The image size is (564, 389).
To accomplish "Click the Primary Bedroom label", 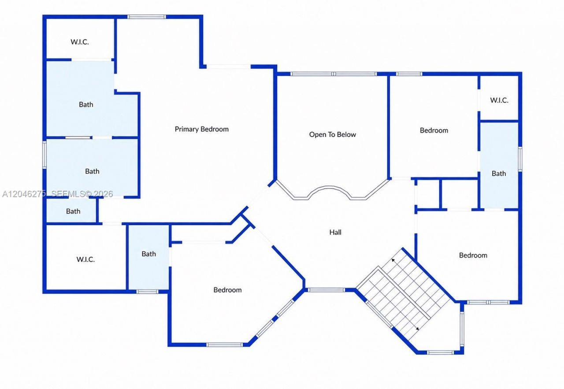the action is pos(202,129).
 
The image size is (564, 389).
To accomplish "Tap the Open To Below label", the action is pos(333,134).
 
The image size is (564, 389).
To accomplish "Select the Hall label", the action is pos(335,232).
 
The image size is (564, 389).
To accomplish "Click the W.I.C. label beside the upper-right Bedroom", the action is pos(499,100).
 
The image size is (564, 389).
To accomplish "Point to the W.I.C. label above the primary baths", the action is pos(80,42).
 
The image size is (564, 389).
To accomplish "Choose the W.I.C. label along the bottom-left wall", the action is pos(85,259).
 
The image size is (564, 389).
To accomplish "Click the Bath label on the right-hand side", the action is pos(499,174).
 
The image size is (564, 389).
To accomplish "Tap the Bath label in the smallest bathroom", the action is pos(73,211).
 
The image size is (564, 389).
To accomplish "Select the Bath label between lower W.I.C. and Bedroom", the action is pos(148,254).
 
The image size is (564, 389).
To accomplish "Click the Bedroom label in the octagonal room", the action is pos(227,290).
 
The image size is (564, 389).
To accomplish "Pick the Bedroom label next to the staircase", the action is pos(473,256).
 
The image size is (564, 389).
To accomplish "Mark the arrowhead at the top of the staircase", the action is pos(393,260).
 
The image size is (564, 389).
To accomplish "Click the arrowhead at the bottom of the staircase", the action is pos(417,329).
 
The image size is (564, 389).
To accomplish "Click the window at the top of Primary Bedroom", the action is pos(147,17).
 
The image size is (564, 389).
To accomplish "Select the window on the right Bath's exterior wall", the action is pos(520,159).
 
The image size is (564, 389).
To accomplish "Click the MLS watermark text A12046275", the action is pos(24,194).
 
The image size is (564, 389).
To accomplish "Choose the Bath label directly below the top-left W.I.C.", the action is pos(86,104).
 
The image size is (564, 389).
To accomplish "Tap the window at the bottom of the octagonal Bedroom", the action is pos(225,345).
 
